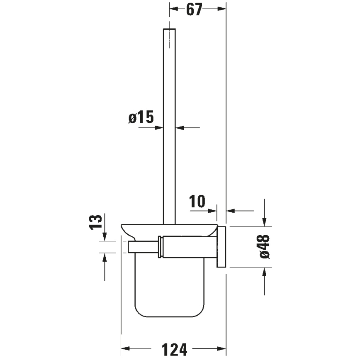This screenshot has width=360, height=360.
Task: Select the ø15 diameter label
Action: pyautogui.click(x=141, y=118)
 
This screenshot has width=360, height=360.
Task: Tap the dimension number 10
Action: pyautogui.click(x=198, y=202)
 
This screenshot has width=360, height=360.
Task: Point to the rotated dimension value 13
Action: pyautogui.click(x=96, y=222)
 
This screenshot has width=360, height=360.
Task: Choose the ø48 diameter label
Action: pyautogui.click(x=265, y=247)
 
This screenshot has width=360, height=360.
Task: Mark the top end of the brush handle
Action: pyautogui.click(x=170, y=30)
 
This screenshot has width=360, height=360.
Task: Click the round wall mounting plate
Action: pyautogui.click(x=222, y=247)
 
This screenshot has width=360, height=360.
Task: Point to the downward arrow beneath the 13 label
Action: pyautogui.click(x=104, y=236)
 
